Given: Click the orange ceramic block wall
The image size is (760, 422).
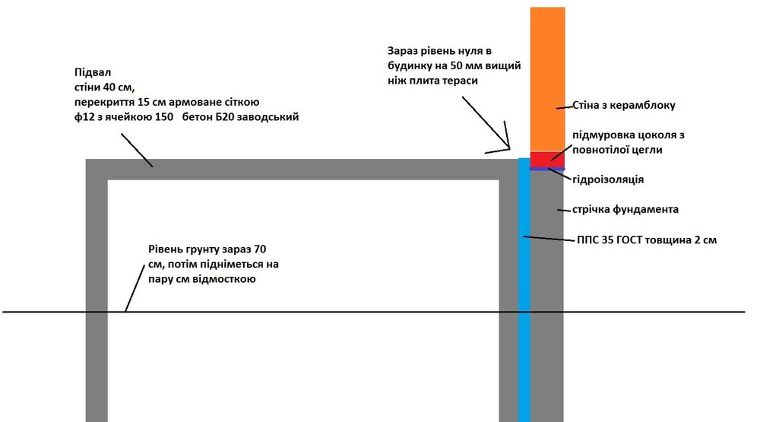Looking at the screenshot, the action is pos(547,79).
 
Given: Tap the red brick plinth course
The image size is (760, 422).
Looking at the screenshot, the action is pos(547,160).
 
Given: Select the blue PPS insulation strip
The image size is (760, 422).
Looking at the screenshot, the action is pos(524,290).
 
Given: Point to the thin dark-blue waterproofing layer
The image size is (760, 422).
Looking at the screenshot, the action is pos(547,169).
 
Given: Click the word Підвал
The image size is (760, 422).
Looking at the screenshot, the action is pos(93,72).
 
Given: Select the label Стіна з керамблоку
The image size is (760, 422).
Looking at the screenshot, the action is pos(624,105).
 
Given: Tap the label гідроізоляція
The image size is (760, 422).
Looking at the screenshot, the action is pos(608,179).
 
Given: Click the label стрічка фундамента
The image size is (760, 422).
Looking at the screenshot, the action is pos(625,210).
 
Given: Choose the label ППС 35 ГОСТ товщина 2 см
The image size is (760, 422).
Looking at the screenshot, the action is pos(647,240).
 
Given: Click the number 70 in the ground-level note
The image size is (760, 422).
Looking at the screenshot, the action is pos(260,249).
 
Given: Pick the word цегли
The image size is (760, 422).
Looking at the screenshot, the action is pos(647,150).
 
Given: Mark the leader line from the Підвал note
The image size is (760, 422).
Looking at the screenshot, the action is pos(137,151).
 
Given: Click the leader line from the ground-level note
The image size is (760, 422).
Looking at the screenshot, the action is pos(135,288).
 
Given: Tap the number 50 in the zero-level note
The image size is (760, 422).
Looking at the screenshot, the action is pos(457,65).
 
